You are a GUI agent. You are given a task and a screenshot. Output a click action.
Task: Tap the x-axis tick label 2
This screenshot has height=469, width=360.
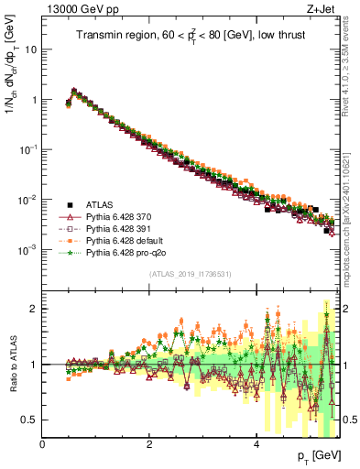pyautogui.click(x=148, y=443)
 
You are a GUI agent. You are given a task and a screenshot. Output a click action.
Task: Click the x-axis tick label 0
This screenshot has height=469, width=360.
pyautogui.click(x=42, y=443)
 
